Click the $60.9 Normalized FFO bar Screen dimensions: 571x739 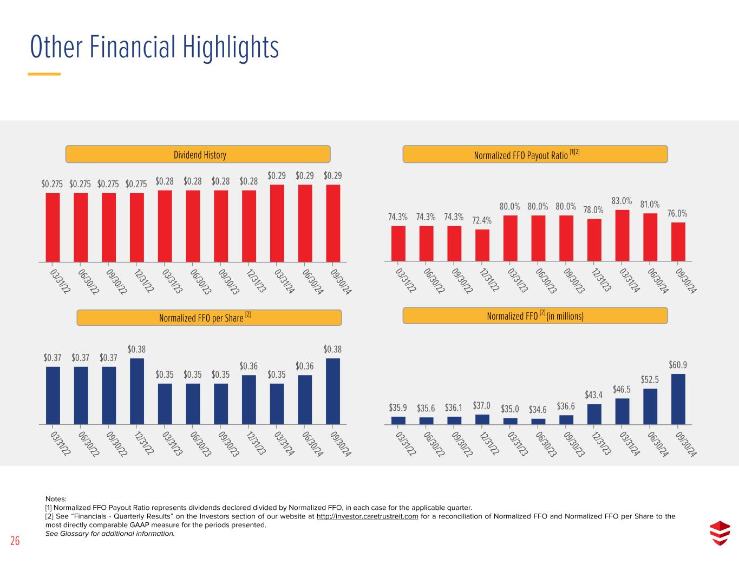678,399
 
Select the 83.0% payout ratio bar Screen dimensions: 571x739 622,235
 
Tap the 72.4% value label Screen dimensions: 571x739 482,220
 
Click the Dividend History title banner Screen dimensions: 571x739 198,155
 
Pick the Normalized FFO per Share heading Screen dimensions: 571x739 208,318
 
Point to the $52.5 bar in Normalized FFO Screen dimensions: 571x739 650,406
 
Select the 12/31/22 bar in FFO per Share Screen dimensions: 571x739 137,391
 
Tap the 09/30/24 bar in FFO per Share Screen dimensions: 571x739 333,391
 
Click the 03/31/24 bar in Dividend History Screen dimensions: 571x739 277,223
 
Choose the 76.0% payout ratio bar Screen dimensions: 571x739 678,242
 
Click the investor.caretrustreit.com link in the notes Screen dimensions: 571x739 367,516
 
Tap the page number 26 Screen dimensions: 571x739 15,541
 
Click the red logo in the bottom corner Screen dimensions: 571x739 720,533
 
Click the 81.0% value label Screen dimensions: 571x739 650,205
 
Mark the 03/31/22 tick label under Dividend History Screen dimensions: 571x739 60,281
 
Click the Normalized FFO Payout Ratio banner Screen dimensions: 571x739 535,154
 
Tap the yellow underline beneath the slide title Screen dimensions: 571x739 44,74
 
